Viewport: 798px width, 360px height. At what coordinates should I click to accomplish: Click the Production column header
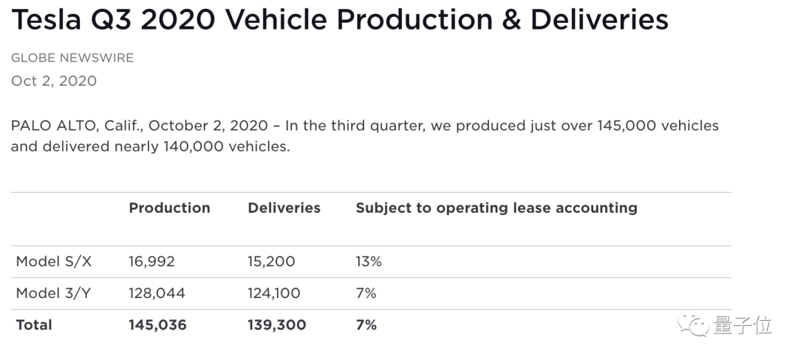pos(169,208)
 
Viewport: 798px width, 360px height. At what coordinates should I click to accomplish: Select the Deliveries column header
pos(284,208)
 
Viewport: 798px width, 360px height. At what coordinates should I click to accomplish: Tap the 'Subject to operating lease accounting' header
pos(497,208)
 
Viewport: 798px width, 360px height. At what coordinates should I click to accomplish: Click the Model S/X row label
pos(54,261)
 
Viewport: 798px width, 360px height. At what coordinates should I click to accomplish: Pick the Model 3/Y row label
pos(53,293)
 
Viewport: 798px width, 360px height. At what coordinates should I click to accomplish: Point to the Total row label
pos(34,325)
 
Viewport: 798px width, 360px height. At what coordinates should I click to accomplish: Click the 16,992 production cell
pos(151,262)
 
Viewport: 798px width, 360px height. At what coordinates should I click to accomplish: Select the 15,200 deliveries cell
pos(271,262)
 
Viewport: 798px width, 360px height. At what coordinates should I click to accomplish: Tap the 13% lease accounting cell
pos(369,261)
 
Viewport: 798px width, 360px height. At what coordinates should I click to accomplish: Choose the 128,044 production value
pos(157,293)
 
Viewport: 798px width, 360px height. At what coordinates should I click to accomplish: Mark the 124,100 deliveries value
pos(274,293)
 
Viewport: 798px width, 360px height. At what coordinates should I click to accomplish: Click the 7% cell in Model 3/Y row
pos(366,293)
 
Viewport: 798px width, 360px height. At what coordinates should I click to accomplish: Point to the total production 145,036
pos(158,325)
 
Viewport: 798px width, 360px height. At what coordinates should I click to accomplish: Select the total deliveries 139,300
pos(277,325)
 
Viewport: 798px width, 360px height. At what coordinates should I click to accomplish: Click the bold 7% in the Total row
pos(366,325)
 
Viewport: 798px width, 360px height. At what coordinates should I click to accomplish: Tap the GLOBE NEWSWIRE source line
pos(72,58)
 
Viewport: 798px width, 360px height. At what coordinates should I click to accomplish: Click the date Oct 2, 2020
pos(54,81)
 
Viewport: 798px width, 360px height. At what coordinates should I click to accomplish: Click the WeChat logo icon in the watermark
pos(692,325)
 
